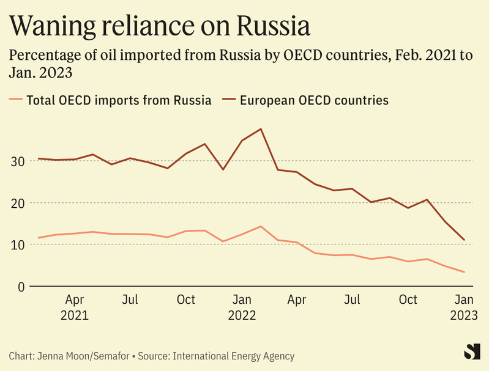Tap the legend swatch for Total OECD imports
(x=16, y=100)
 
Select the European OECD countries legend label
(x=315, y=100)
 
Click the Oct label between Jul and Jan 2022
(x=185, y=300)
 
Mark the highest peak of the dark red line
(x=261, y=129)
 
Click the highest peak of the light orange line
(x=261, y=226)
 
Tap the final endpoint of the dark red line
(x=465, y=240)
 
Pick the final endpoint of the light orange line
(x=465, y=272)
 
